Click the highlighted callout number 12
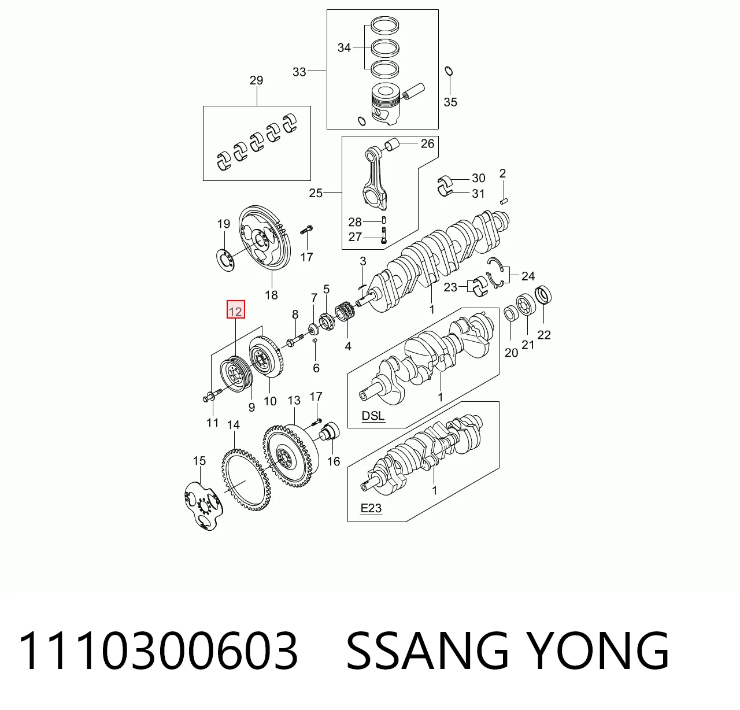(235, 312)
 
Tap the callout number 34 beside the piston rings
(344, 48)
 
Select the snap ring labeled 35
(449, 71)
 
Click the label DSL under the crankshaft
(373, 416)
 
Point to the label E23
(371, 508)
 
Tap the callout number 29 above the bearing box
(256, 80)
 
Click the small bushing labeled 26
(392, 145)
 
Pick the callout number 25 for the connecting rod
(316, 193)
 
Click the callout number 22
(544, 335)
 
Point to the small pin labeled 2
(504, 201)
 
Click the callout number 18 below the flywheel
(272, 295)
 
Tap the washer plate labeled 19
(225, 260)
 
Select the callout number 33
(299, 72)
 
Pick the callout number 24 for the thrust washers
(528, 276)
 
